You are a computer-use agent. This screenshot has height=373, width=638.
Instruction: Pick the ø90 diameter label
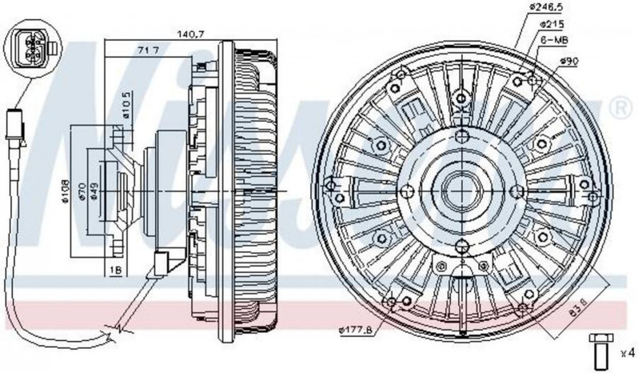(x=569, y=61)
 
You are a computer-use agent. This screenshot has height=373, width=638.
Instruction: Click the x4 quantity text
(x=627, y=350)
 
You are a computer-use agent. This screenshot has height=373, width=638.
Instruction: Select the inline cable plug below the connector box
(x=14, y=127)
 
